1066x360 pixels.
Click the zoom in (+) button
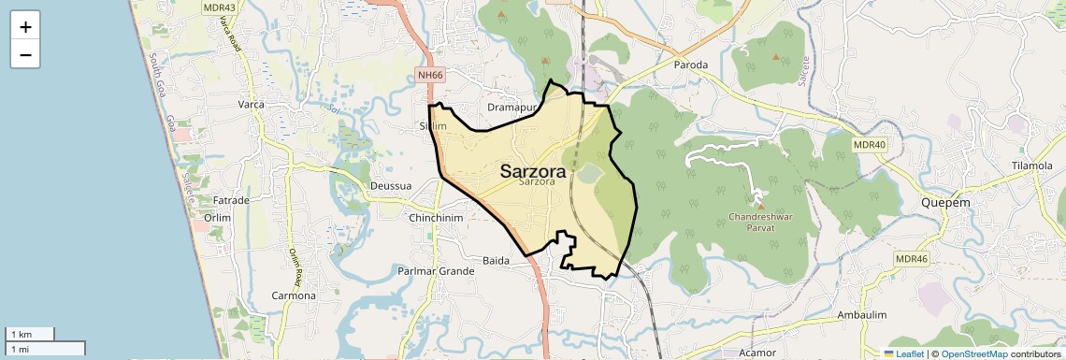[x=25, y=26]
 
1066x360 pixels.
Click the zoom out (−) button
[x=25, y=55]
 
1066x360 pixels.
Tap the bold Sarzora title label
[x=532, y=171]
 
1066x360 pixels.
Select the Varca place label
[x=251, y=105]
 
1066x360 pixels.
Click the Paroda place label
[x=691, y=65]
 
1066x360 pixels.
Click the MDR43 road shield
[x=219, y=7]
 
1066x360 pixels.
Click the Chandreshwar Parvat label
[x=759, y=226]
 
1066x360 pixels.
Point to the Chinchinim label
[x=436, y=218]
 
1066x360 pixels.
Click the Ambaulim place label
[x=861, y=315]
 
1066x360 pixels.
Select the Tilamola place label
[x=1031, y=166]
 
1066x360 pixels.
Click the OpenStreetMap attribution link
[x=973, y=353]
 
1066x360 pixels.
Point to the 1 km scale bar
[x=30, y=334]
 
